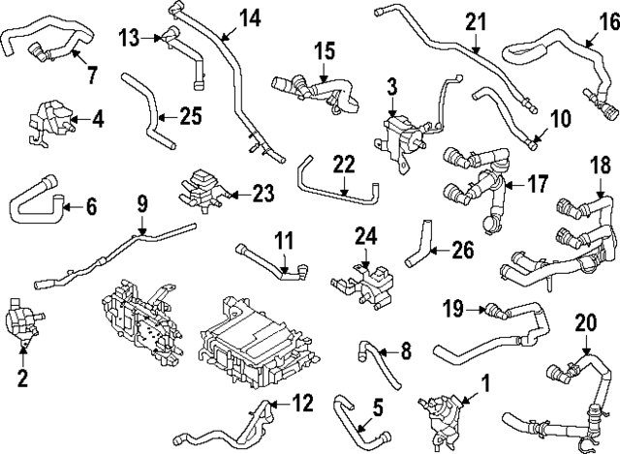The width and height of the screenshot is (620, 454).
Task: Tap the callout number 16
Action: pyautogui.click(x=607, y=21)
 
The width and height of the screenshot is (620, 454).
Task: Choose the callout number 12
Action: pyautogui.click(x=302, y=401)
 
